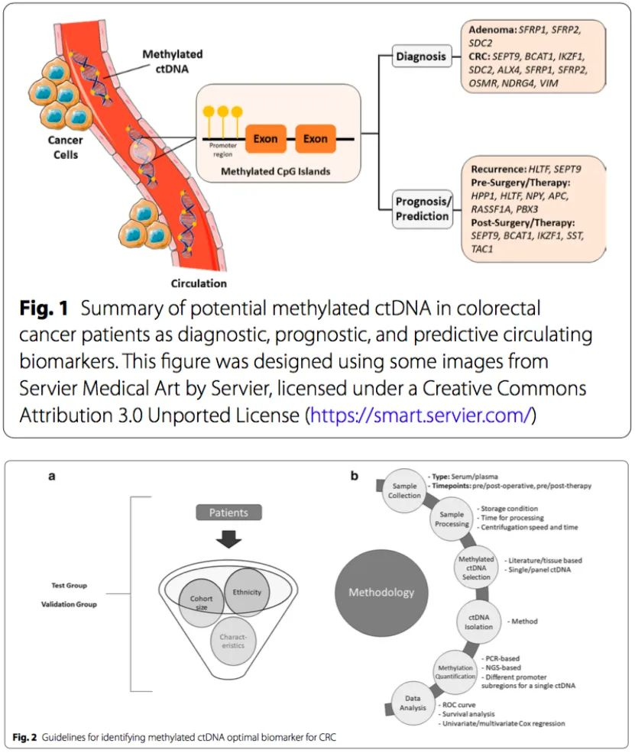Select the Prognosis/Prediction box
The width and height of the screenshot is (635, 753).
422,208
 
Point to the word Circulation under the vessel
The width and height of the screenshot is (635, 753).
198,284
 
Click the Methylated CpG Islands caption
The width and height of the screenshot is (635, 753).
276,171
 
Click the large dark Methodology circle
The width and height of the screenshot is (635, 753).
381,592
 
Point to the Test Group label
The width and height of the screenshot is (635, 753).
65,586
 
